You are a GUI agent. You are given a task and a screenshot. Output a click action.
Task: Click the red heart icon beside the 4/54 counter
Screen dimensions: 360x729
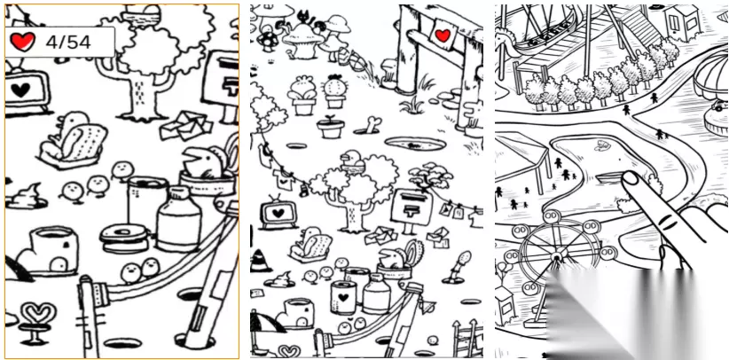click(22, 41)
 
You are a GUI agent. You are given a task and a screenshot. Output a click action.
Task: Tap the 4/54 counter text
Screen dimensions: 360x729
click(67, 42)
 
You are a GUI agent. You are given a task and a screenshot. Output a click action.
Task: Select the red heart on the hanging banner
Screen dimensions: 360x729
click(442, 35)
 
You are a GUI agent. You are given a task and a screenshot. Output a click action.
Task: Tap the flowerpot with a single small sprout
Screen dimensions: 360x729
click(330, 127)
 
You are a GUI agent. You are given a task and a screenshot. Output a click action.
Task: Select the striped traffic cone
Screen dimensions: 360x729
click(260, 260)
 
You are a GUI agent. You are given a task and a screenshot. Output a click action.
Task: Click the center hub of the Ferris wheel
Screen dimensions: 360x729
click(556, 256)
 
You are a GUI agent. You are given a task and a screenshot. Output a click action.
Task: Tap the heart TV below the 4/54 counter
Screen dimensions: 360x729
click(22, 88)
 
